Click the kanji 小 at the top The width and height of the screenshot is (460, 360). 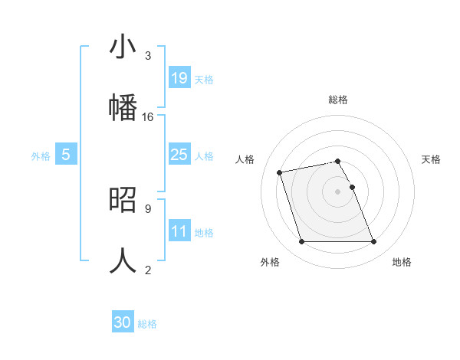tap(123, 47)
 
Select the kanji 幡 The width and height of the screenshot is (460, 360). tap(123, 105)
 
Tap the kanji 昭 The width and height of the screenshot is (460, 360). tap(123, 198)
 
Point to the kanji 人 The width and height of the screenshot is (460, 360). tap(123, 259)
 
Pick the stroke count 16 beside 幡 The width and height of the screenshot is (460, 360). tap(148, 117)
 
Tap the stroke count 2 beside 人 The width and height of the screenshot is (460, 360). tap(147, 269)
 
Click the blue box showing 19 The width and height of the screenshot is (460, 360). tap(179, 77)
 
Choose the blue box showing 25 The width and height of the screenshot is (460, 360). tap(179, 155)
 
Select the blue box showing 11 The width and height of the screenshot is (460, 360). tap(179, 231)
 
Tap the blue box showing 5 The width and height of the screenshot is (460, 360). tap(66, 155)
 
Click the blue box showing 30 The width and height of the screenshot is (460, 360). tap(123, 322)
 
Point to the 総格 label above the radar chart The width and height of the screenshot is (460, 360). tap(338, 100)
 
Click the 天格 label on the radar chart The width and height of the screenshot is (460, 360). tap(432, 159)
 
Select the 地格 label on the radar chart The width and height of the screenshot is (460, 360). tap(402, 262)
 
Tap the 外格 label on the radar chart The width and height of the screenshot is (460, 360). tap(270, 262)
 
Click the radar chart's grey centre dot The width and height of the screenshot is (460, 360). tap(338, 191)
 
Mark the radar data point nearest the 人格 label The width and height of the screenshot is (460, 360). tap(280, 172)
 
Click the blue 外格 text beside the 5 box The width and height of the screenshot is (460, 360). tap(41, 155)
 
